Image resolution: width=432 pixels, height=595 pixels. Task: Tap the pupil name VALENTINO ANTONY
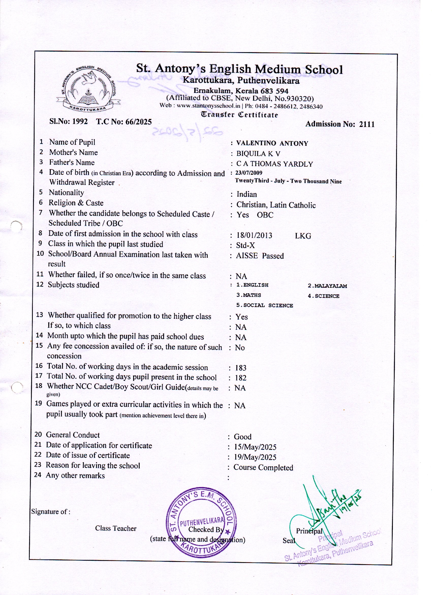click(272, 143)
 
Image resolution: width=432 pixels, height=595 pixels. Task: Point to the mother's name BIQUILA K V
click(258, 153)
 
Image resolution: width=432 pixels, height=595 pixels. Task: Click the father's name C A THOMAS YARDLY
click(274, 164)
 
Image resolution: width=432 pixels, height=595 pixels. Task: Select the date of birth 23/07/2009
click(249, 173)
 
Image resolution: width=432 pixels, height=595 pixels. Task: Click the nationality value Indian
click(247, 194)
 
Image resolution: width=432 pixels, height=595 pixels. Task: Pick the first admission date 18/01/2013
click(254, 235)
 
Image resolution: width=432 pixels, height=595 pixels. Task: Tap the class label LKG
click(303, 236)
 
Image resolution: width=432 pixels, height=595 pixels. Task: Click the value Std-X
click(245, 245)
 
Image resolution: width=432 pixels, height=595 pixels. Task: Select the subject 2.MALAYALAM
click(327, 286)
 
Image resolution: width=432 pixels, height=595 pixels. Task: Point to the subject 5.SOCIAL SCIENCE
click(265, 305)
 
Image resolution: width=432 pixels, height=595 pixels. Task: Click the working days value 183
click(241, 368)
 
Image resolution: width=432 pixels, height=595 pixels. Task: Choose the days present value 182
click(241, 378)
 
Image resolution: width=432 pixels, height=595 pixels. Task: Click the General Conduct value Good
click(242, 437)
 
